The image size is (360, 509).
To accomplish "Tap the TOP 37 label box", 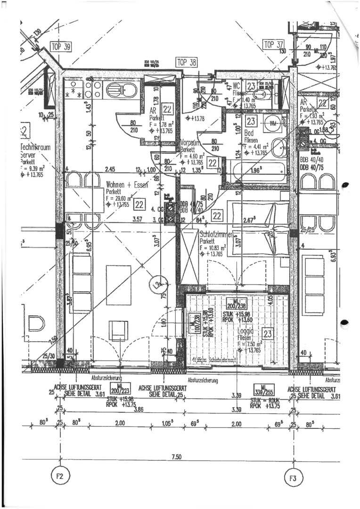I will click(x=274, y=45).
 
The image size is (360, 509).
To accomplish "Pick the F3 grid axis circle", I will click(x=293, y=478).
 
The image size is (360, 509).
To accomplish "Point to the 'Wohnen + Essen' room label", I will click(x=127, y=185).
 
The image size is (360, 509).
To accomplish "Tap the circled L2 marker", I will click(x=155, y=285).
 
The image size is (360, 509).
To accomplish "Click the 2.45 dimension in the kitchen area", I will click(x=110, y=169).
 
